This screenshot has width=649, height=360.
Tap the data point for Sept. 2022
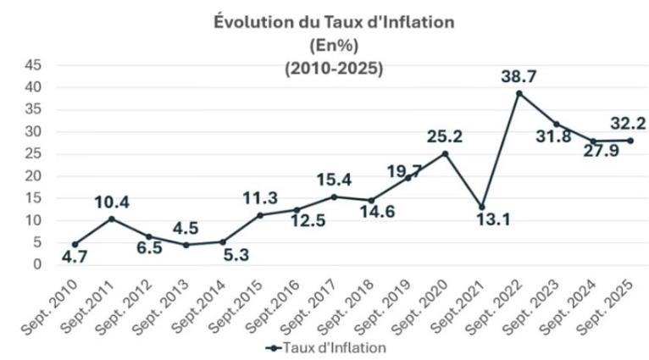(519, 92)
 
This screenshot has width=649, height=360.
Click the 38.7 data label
(519, 75)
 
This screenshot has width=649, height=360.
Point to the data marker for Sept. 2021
(482, 207)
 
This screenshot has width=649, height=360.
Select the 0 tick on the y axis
(37, 265)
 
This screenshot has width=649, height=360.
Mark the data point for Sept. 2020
(445, 153)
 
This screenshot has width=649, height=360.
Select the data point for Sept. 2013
(186, 245)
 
